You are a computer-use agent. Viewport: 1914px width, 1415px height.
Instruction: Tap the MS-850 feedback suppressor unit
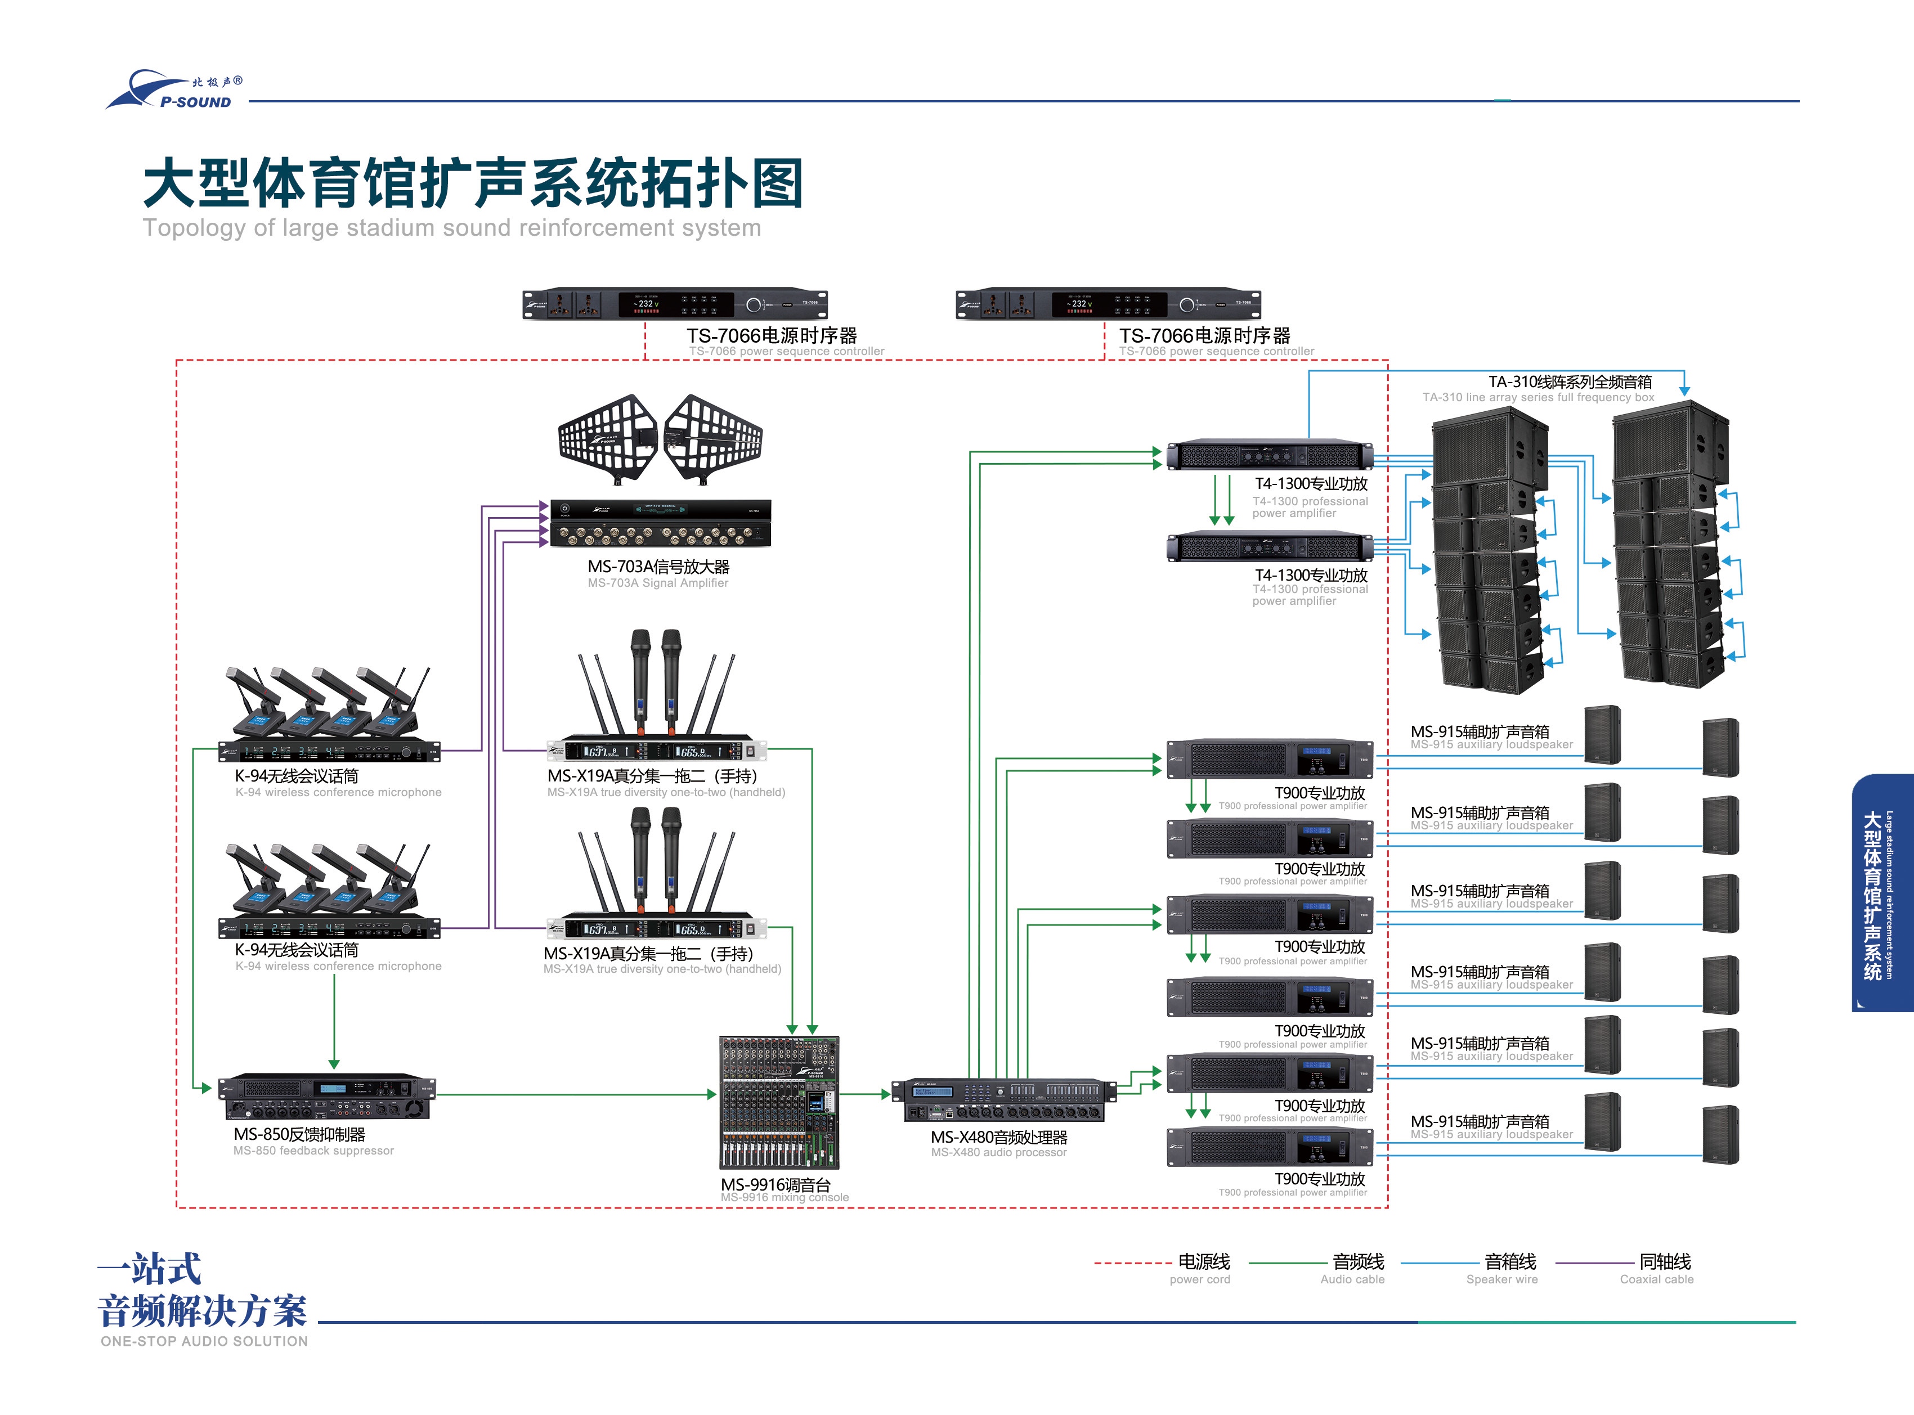328,1097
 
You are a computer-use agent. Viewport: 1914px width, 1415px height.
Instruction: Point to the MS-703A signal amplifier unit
660,523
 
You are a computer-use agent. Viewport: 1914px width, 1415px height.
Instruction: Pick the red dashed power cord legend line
1132,1263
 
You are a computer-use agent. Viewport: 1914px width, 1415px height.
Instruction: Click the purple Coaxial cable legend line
1594,1263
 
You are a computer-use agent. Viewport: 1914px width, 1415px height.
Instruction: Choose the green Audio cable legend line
1287,1263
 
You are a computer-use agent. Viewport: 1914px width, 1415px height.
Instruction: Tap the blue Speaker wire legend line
1440,1263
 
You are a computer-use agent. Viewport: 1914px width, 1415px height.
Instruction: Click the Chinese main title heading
473,183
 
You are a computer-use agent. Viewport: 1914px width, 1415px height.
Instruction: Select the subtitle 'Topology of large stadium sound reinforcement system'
451,228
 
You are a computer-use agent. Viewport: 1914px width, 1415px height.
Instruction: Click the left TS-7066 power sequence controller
675,304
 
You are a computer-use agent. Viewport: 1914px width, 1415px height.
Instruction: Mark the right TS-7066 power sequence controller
1108,304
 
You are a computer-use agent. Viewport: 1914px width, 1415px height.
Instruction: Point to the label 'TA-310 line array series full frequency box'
1538,397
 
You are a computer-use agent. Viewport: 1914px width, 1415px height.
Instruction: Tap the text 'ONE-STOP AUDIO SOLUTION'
204,1341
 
